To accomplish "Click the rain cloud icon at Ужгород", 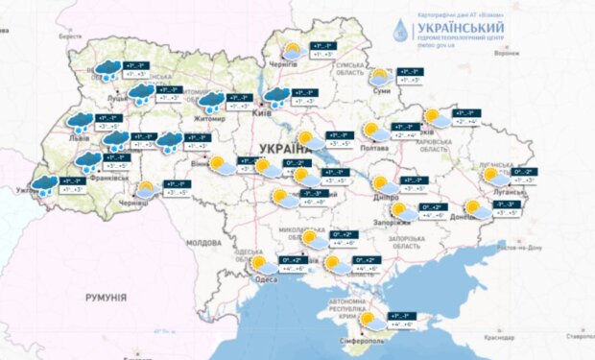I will click(43, 184).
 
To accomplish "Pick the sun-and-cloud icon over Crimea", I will click(368, 320).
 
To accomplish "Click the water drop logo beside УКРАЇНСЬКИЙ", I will click(397, 31).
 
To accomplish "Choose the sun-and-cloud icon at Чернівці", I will click(146, 189).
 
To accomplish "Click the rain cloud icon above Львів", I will click(79, 121).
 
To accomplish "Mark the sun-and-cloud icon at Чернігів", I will click(290, 51).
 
